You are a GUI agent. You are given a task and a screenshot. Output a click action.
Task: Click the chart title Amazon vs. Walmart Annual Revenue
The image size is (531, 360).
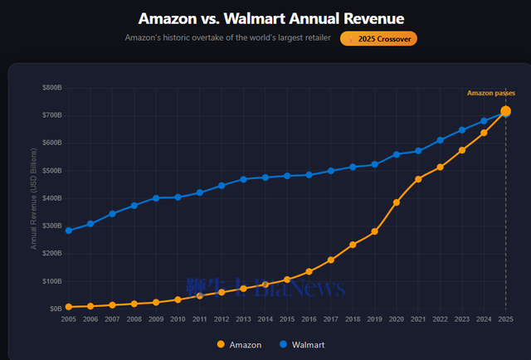(x=265, y=18)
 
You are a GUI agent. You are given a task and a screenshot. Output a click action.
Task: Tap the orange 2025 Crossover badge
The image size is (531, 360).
(x=378, y=38)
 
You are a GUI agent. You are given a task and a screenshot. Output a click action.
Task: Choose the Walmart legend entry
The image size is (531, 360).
(x=301, y=343)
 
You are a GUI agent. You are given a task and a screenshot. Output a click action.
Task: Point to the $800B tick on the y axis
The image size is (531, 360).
(x=51, y=87)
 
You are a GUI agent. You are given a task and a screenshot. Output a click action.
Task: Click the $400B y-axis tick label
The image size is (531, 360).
(x=51, y=197)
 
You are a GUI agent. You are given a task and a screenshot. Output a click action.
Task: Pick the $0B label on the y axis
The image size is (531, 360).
(x=55, y=309)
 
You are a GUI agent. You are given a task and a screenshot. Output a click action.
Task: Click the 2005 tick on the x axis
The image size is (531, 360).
(x=69, y=320)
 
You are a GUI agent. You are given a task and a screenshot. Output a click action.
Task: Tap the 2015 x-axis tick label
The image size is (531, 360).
(x=287, y=320)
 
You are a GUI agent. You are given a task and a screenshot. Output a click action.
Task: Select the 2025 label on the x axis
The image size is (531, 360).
(x=505, y=320)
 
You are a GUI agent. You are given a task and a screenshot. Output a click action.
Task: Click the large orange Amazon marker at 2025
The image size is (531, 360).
(x=505, y=111)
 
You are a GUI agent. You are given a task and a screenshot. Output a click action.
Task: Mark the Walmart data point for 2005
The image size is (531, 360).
(x=69, y=230)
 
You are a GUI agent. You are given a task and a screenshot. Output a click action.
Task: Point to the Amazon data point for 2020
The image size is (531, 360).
(x=397, y=202)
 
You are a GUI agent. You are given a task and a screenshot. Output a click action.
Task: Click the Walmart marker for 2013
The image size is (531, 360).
(x=244, y=179)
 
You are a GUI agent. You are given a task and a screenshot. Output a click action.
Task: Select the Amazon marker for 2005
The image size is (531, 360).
(x=69, y=306)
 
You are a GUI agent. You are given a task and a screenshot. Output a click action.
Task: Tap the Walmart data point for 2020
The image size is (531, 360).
(x=397, y=154)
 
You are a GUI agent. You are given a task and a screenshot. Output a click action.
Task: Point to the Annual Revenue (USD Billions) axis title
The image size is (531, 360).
(x=34, y=197)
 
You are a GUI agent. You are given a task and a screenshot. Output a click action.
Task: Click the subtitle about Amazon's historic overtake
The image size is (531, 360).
(x=227, y=38)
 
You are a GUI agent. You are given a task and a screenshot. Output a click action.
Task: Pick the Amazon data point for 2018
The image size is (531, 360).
(x=353, y=244)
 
